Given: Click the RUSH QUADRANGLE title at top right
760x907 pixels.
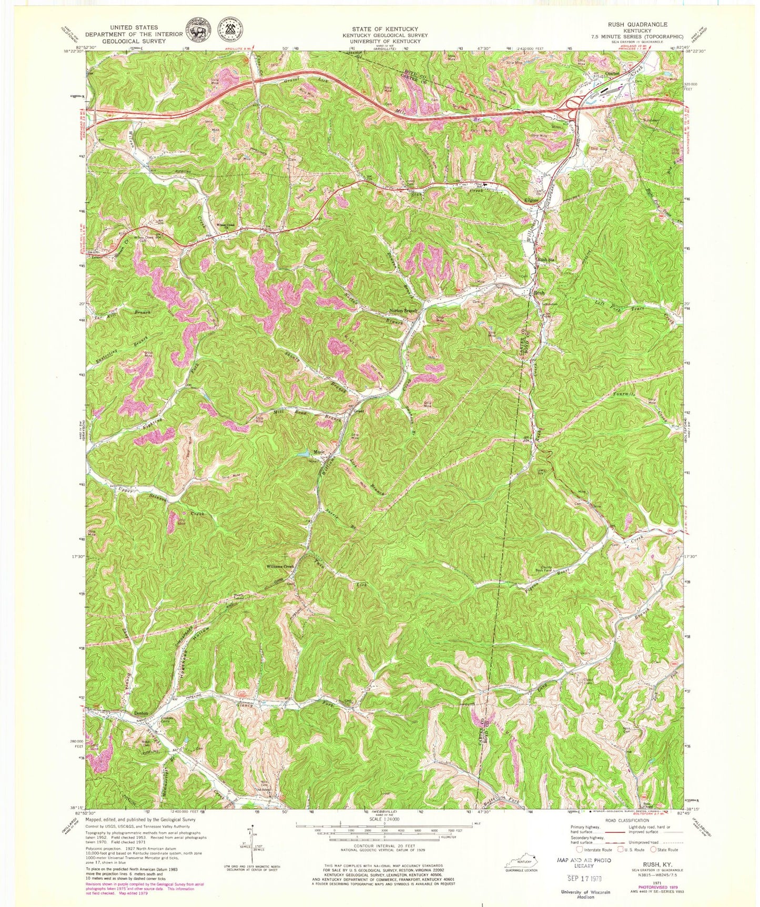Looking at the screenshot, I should pyautogui.click(x=645, y=24).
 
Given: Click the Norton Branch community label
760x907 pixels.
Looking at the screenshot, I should pyautogui.click(x=403, y=311).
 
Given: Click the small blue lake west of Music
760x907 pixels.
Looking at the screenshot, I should pyautogui.click(x=303, y=453).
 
